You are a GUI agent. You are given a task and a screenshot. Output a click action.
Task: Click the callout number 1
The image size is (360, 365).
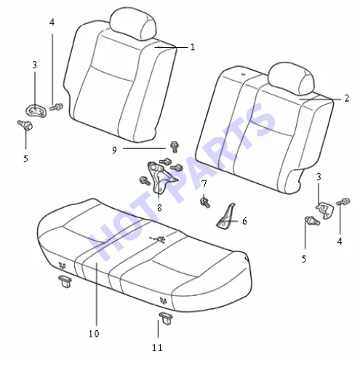(193, 47)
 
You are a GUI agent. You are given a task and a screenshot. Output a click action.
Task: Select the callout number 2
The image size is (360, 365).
(347, 98)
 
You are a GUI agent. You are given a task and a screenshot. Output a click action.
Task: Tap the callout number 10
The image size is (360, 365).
(94, 334)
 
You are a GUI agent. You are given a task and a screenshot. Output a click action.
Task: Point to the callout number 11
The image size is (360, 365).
(157, 348)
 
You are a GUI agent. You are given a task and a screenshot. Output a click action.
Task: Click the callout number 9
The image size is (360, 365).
(114, 151)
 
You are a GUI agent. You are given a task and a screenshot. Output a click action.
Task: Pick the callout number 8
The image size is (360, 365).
(159, 208)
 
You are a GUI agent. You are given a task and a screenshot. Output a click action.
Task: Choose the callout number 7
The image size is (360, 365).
(204, 184)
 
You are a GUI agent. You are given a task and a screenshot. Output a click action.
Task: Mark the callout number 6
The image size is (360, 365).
(244, 221)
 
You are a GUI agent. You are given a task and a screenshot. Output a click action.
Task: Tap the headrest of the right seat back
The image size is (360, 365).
(292, 78)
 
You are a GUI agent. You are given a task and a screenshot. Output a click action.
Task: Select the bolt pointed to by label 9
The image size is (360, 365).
(175, 147)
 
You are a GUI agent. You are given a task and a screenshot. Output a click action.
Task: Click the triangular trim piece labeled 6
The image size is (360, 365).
(226, 217)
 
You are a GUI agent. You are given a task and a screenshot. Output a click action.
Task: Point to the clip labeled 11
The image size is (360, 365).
(166, 318)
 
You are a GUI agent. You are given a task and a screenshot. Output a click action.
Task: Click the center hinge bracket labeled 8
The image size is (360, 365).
(161, 177)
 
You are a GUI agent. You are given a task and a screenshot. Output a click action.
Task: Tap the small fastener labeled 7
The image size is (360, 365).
(205, 202)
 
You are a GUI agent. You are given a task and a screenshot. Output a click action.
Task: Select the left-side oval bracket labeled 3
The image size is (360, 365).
(36, 111)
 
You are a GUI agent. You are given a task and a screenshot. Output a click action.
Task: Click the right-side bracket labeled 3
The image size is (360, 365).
(324, 209)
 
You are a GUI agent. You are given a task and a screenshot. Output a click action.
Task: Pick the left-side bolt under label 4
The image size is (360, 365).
(57, 107)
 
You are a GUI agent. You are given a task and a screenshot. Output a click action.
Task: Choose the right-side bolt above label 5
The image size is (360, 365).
(312, 220)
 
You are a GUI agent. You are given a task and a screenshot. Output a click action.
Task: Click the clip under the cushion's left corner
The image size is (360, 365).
(65, 281)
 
